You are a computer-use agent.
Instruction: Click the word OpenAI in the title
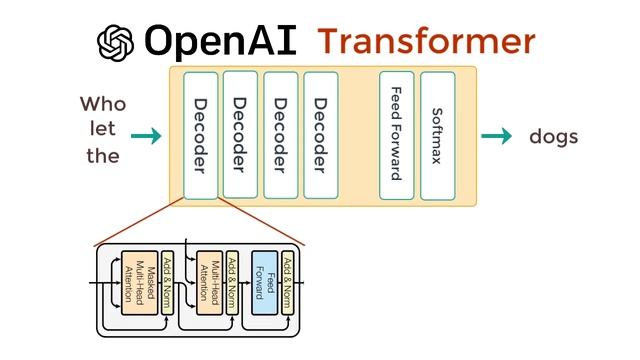(x=222, y=41)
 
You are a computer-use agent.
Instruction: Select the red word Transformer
(x=426, y=41)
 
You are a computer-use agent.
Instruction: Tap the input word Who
(x=103, y=104)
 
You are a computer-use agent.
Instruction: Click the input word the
(x=103, y=156)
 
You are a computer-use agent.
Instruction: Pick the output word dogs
(x=554, y=137)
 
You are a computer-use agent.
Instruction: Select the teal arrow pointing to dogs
(x=496, y=136)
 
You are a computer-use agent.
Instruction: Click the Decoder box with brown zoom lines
(x=200, y=136)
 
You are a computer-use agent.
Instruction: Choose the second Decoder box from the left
(x=240, y=134)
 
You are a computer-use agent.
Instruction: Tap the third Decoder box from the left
(x=280, y=134)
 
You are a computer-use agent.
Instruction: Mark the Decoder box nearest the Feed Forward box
(x=320, y=134)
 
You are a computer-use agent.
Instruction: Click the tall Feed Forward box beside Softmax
(x=396, y=134)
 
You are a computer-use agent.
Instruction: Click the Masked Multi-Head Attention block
(x=139, y=283)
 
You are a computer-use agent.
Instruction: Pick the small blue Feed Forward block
(x=264, y=283)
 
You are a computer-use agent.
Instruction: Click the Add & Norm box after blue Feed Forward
(x=288, y=283)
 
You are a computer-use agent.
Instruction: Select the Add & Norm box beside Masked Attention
(x=167, y=283)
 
